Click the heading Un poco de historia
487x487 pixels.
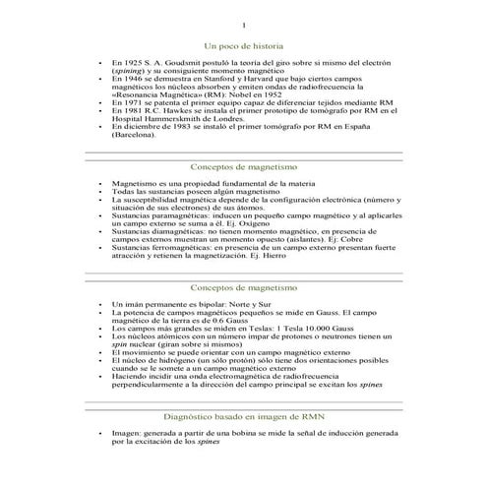click(x=243, y=46)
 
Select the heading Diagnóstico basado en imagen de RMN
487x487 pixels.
click(x=243, y=417)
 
